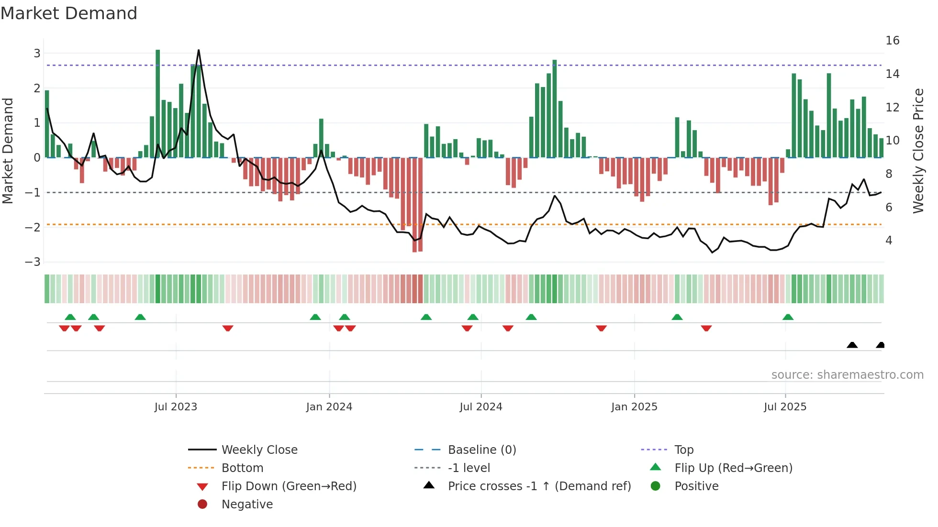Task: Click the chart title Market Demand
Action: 69,13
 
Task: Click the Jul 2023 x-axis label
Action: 176,407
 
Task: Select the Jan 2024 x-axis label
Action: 329,407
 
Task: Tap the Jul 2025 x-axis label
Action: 785,407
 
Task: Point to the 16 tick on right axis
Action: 892,41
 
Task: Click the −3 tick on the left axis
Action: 33,262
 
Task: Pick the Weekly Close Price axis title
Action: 918,151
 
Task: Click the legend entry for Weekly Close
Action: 259,450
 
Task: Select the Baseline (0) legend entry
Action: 481,450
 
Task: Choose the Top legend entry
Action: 683,450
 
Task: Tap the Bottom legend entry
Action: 242,468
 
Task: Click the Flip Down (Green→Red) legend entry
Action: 289,486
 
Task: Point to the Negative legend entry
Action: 247,505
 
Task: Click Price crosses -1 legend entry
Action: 539,486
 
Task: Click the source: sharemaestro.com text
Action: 847,375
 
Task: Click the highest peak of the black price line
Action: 199,50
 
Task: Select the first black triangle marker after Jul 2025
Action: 852,345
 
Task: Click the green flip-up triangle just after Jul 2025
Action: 788,317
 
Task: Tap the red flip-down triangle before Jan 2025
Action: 601,328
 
